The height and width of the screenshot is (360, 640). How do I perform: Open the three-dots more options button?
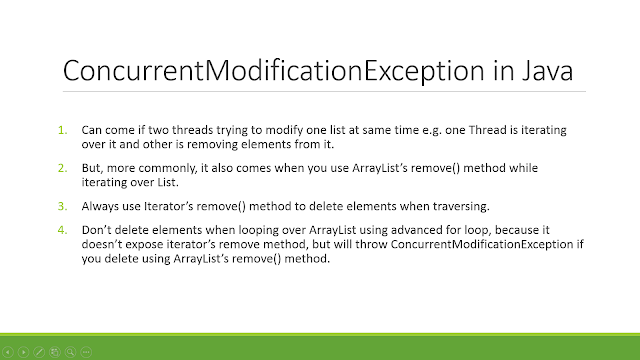click(x=86, y=351)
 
